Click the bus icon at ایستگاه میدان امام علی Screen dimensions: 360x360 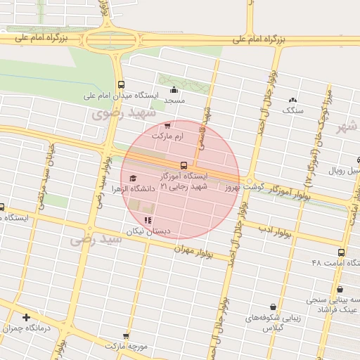(x=120, y=84)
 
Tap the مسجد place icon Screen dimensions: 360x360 (x=174, y=89)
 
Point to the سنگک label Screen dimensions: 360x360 (x=292, y=110)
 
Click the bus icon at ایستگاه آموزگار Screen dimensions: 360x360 (x=184, y=165)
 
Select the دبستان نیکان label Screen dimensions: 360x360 (x=144, y=231)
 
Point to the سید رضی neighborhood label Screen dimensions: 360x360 (x=96, y=239)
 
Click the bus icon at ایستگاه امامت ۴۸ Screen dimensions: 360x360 (x=341, y=252)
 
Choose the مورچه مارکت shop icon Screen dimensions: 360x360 (x=127, y=337)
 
